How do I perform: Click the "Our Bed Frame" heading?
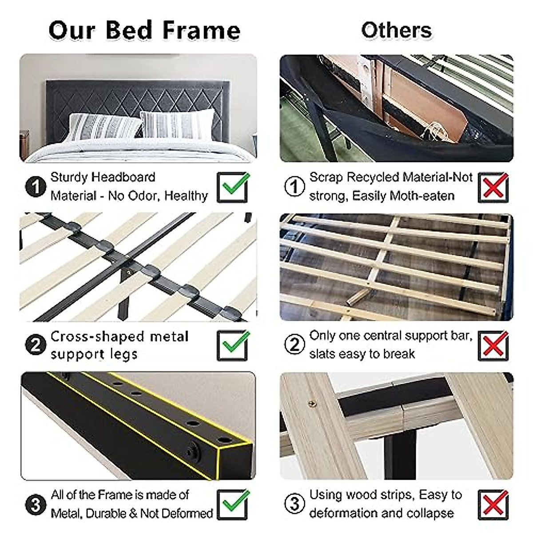(144, 30)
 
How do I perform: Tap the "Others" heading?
(396, 30)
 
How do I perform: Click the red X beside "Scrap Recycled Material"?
(493, 187)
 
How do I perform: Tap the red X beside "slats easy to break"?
(493, 345)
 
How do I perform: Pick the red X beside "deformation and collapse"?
(493, 504)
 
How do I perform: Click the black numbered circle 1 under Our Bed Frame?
(36, 187)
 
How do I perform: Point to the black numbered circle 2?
(36, 345)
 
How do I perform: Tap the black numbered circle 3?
(36, 505)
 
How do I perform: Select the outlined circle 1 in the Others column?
(294, 187)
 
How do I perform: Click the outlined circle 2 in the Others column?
(294, 345)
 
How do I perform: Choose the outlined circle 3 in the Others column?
(294, 504)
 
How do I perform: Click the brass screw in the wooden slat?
(312, 404)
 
